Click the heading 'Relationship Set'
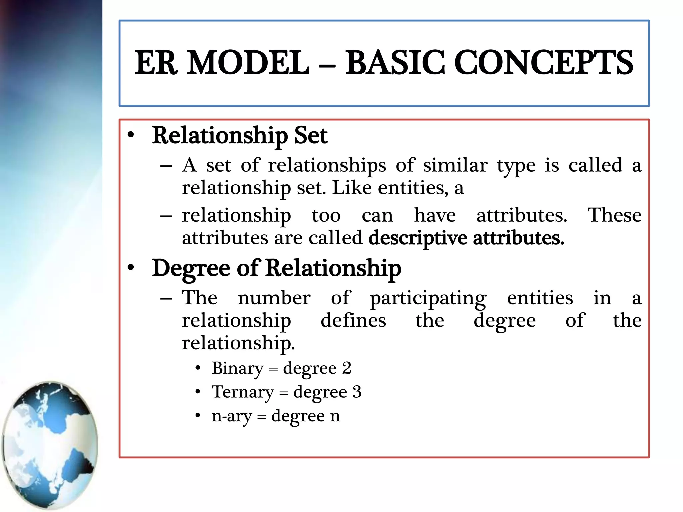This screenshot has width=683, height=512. [240, 136]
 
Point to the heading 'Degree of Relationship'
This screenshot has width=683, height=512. [276, 268]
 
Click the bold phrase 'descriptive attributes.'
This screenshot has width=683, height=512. [466, 238]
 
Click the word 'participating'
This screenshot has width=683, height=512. [428, 298]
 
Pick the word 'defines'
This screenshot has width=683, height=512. [353, 320]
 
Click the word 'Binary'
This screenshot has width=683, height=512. [237, 368]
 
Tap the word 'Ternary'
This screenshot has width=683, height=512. [242, 392]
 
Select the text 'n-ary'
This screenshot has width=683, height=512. [232, 416]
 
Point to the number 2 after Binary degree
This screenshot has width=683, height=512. [347, 368]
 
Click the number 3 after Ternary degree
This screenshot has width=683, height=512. [357, 392]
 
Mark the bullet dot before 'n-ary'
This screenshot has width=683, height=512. [198, 416]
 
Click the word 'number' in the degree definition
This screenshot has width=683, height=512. [274, 298]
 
